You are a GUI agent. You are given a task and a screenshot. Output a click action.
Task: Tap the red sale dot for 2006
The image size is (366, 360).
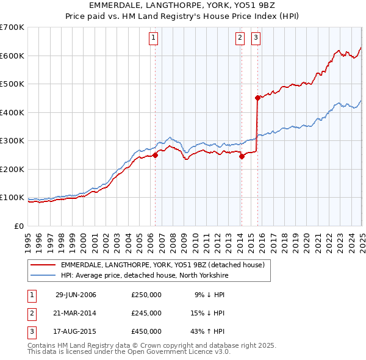[x=155, y=155]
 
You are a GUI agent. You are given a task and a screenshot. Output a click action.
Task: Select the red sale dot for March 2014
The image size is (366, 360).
[x=242, y=156]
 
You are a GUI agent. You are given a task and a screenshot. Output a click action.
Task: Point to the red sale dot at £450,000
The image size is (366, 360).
[x=257, y=97]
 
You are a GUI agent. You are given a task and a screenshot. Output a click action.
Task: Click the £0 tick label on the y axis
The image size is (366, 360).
[x=19, y=226]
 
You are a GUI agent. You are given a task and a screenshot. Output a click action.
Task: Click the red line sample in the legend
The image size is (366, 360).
[x=43, y=265]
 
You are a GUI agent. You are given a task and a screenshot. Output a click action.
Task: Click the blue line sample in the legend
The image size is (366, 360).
[x=43, y=276]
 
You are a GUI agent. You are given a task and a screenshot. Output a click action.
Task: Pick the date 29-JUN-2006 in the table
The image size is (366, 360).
[x=76, y=295]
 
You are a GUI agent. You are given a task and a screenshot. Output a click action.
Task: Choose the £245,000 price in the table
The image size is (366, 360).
[x=146, y=313]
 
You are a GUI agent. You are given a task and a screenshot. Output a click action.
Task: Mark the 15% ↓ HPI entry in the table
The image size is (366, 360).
[x=209, y=313]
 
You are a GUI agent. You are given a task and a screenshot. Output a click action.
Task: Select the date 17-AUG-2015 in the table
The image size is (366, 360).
[x=76, y=331]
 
